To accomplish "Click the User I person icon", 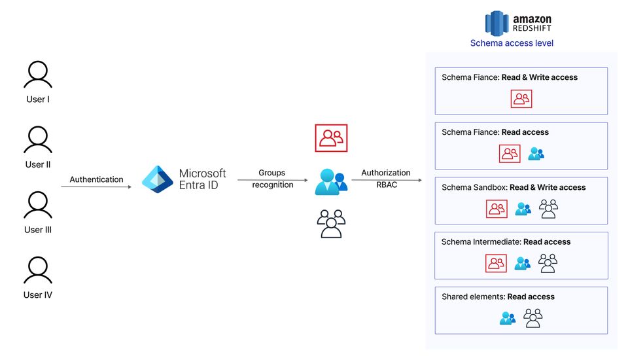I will tap(37, 75).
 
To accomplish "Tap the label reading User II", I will tap(38, 164).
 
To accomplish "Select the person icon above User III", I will tap(37, 205).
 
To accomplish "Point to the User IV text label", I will tap(38, 295).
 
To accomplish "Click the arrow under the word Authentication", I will tap(96, 187).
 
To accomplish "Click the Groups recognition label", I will tap(271, 179).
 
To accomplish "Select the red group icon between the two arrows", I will tap(331, 137).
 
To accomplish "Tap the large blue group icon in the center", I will tap(331, 181).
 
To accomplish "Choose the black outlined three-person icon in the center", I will tap(331, 223).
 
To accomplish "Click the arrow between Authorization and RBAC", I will tap(385, 179).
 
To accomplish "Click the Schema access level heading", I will tap(512, 43).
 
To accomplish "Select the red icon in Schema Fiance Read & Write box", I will tap(521, 99).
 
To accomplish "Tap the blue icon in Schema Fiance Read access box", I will tap(536, 154).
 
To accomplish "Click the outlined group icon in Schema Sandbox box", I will tap(548, 209).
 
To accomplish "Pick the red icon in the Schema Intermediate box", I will tap(496, 263).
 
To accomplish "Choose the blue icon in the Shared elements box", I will tap(508, 318).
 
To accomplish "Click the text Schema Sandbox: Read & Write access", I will tap(514, 187).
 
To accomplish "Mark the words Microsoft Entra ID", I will tap(202, 179).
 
